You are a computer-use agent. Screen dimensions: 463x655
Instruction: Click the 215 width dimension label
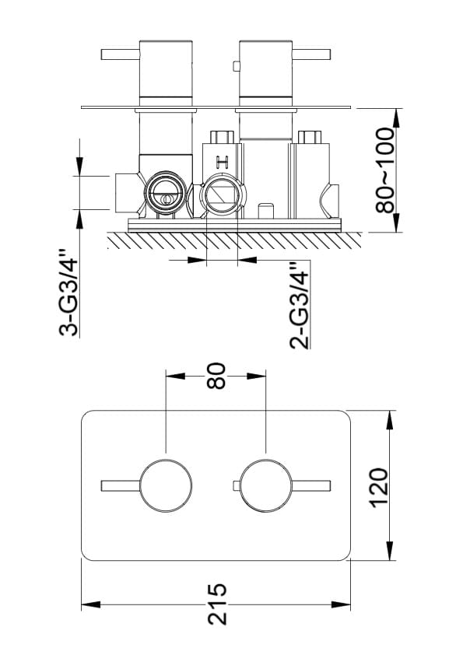(217, 604)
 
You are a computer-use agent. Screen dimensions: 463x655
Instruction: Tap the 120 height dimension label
(380, 488)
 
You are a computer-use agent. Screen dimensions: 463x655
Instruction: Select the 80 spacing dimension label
(216, 376)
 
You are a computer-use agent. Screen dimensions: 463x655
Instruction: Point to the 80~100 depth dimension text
(385, 170)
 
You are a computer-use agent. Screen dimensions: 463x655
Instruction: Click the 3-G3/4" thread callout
(68, 292)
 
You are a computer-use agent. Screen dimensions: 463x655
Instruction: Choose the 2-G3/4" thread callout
(300, 306)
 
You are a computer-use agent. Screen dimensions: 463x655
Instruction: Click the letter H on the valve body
(222, 162)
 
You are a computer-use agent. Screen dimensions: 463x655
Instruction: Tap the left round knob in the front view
(167, 486)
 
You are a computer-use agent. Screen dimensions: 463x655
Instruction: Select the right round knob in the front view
(266, 486)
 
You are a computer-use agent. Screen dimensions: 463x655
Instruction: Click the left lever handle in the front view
(121, 486)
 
